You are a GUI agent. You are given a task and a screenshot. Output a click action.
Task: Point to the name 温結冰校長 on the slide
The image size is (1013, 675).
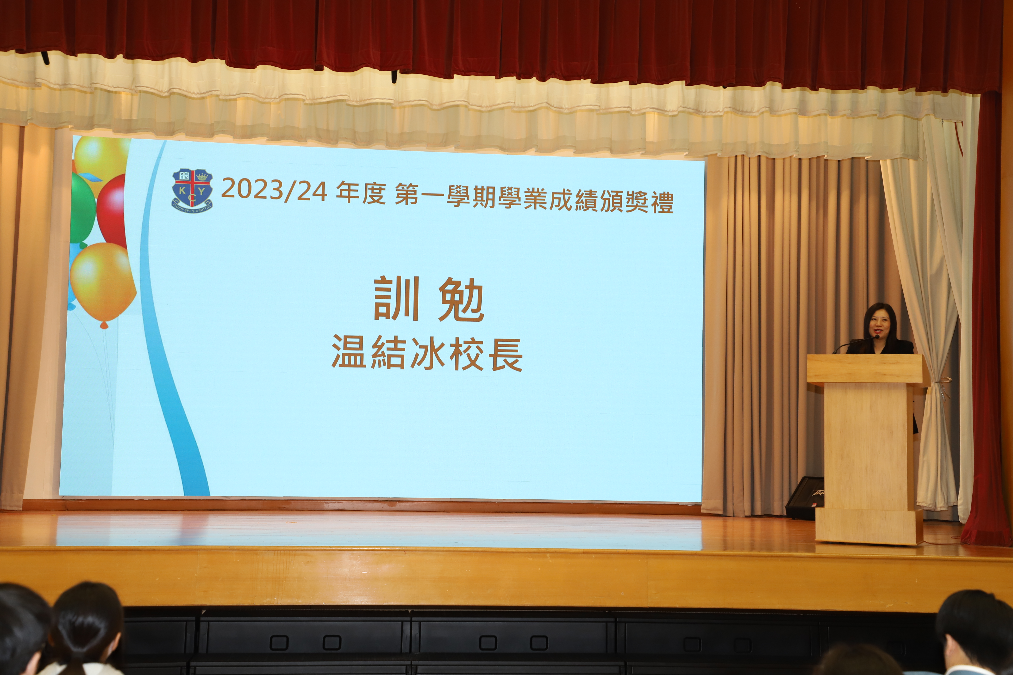coord(427,353)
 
